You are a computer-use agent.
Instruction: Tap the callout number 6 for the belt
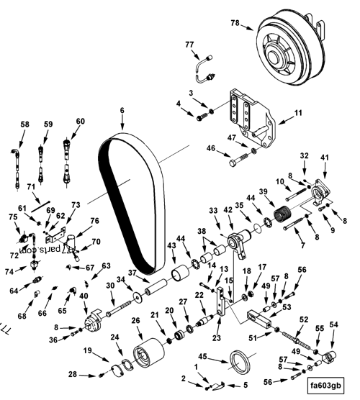pos(122,110)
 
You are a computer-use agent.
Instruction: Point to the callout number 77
pos(190,45)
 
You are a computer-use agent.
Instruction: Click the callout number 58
pos(24,124)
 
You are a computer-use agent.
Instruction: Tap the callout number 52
pos(303,319)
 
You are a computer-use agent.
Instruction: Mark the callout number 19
pos(86,351)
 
